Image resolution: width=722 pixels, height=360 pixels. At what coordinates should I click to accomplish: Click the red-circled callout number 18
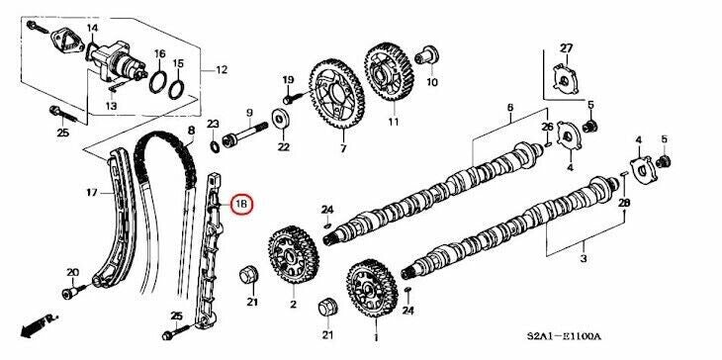click(x=242, y=206)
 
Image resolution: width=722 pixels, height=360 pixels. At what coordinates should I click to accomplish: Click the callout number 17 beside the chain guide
click(x=91, y=192)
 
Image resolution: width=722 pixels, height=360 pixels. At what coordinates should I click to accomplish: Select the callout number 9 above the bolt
click(x=249, y=112)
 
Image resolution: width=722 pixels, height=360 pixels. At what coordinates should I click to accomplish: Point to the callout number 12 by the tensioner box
click(x=221, y=70)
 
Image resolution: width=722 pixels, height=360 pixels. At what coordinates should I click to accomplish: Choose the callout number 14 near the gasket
click(x=92, y=28)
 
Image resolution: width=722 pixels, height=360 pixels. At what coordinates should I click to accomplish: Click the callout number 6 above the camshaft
click(x=510, y=107)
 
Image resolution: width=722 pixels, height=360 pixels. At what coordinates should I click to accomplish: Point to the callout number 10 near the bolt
click(x=432, y=84)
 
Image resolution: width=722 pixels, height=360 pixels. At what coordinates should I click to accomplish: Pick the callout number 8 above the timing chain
click(x=190, y=131)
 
